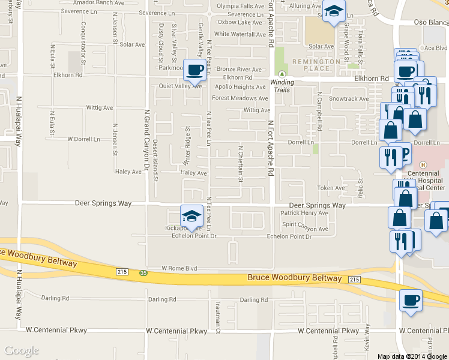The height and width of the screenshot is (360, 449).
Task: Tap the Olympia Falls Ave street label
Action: point(240,6)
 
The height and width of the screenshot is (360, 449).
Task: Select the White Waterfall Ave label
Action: point(240,34)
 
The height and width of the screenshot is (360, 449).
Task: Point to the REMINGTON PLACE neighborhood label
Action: point(311,65)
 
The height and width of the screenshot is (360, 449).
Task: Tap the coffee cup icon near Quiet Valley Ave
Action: point(195,71)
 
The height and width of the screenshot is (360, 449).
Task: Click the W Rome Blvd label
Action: point(179,268)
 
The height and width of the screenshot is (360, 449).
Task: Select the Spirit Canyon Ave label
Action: point(305,229)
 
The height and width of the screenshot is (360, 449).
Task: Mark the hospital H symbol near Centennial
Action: point(423,164)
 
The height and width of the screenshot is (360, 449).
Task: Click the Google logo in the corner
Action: point(21,351)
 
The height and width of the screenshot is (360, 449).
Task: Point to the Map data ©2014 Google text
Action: point(412,356)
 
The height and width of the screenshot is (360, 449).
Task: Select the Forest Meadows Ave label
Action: point(240,98)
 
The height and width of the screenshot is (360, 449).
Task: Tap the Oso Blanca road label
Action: point(431,23)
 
